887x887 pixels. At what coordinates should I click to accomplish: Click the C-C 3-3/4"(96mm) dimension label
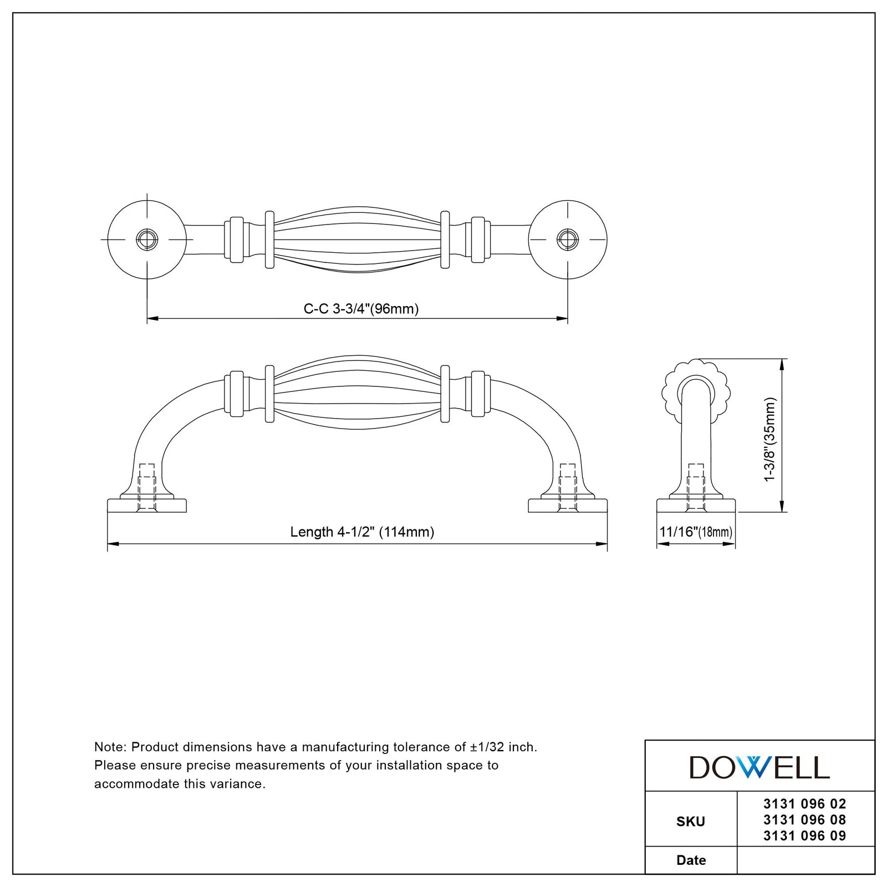[361, 309]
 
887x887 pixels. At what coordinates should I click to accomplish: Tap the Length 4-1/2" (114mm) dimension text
[362, 532]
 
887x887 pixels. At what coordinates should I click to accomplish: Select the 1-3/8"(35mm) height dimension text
[770, 439]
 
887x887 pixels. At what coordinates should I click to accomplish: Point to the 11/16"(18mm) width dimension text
[696, 532]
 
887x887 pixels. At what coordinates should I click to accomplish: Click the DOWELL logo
[759, 767]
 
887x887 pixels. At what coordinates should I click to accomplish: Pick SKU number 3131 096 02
[804, 804]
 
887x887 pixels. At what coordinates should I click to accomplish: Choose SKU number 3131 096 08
[804, 820]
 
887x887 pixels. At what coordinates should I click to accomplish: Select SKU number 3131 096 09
[804, 836]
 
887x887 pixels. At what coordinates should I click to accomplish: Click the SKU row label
[691, 822]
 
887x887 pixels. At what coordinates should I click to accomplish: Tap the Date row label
[691, 860]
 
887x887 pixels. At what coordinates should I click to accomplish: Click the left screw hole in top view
[147, 239]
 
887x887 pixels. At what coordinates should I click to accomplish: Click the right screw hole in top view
[568, 239]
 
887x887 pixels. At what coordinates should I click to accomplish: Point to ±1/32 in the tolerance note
[487, 747]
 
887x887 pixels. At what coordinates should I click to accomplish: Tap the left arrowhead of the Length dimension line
[113, 544]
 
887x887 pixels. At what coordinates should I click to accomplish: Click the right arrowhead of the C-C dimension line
[562, 319]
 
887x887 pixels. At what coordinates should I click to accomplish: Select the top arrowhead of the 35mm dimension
[782, 365]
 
